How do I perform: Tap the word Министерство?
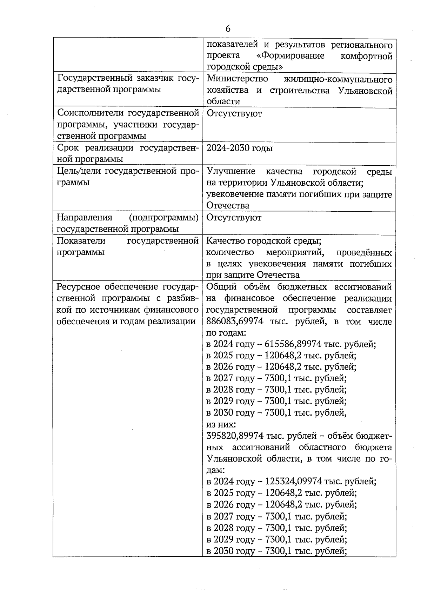coord(237,79)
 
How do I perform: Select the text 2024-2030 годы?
coord(239,148)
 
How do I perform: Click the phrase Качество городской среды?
coord(264,241)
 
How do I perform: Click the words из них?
coord(221,424)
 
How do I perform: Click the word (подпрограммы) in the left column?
coord(163,218)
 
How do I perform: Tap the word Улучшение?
coord(231,171)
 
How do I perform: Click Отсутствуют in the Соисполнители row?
coord(234,113)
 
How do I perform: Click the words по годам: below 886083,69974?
coord(227,332)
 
